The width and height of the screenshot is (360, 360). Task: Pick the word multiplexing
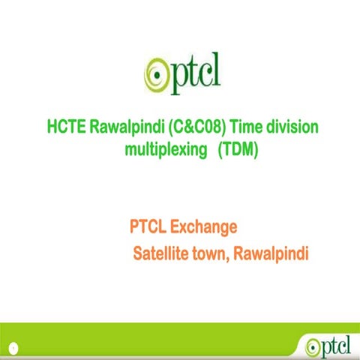point(165,150)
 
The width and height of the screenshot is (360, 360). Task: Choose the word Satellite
point(160,253)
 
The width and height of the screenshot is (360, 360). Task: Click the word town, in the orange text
point(211,253)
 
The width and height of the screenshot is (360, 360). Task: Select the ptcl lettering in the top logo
point(194,73)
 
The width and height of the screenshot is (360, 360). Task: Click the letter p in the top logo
point(176,76)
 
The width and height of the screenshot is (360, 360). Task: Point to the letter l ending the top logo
point(215,70)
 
